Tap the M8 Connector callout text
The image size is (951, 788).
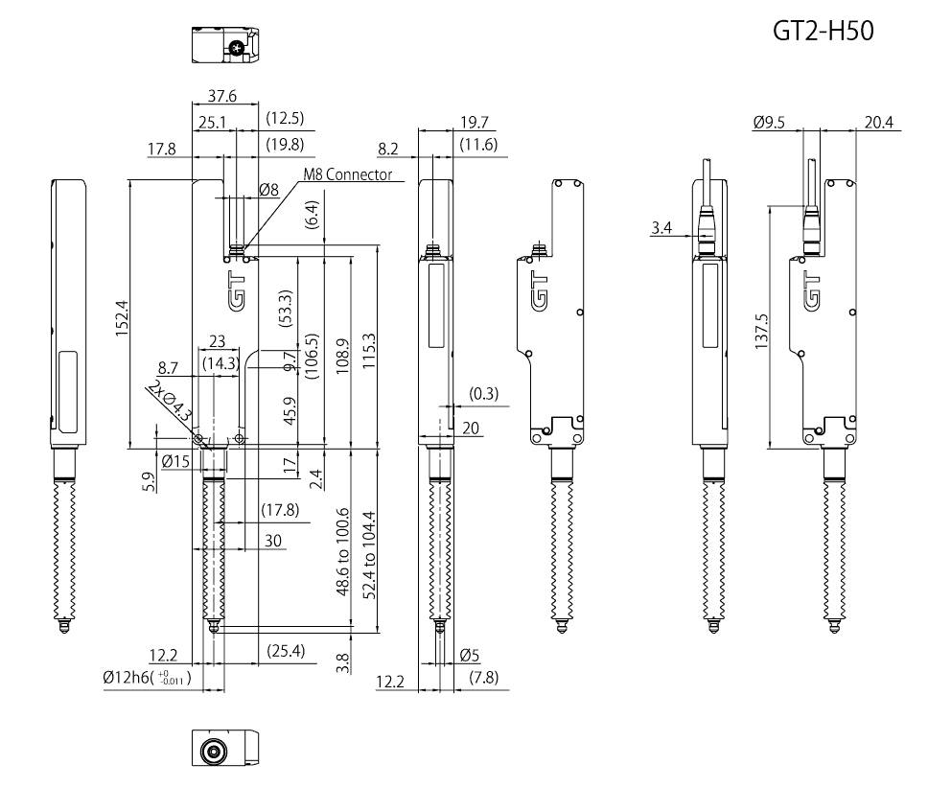coord(348,174)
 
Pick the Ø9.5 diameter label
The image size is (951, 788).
coord(770,122)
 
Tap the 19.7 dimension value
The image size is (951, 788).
coord(474,122)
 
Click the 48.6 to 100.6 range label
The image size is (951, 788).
coord(342,554)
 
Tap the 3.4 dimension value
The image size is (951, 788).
coord(661,228)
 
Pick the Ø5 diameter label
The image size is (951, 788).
coord(470,656)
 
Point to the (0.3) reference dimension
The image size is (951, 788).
coord(484,394)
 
